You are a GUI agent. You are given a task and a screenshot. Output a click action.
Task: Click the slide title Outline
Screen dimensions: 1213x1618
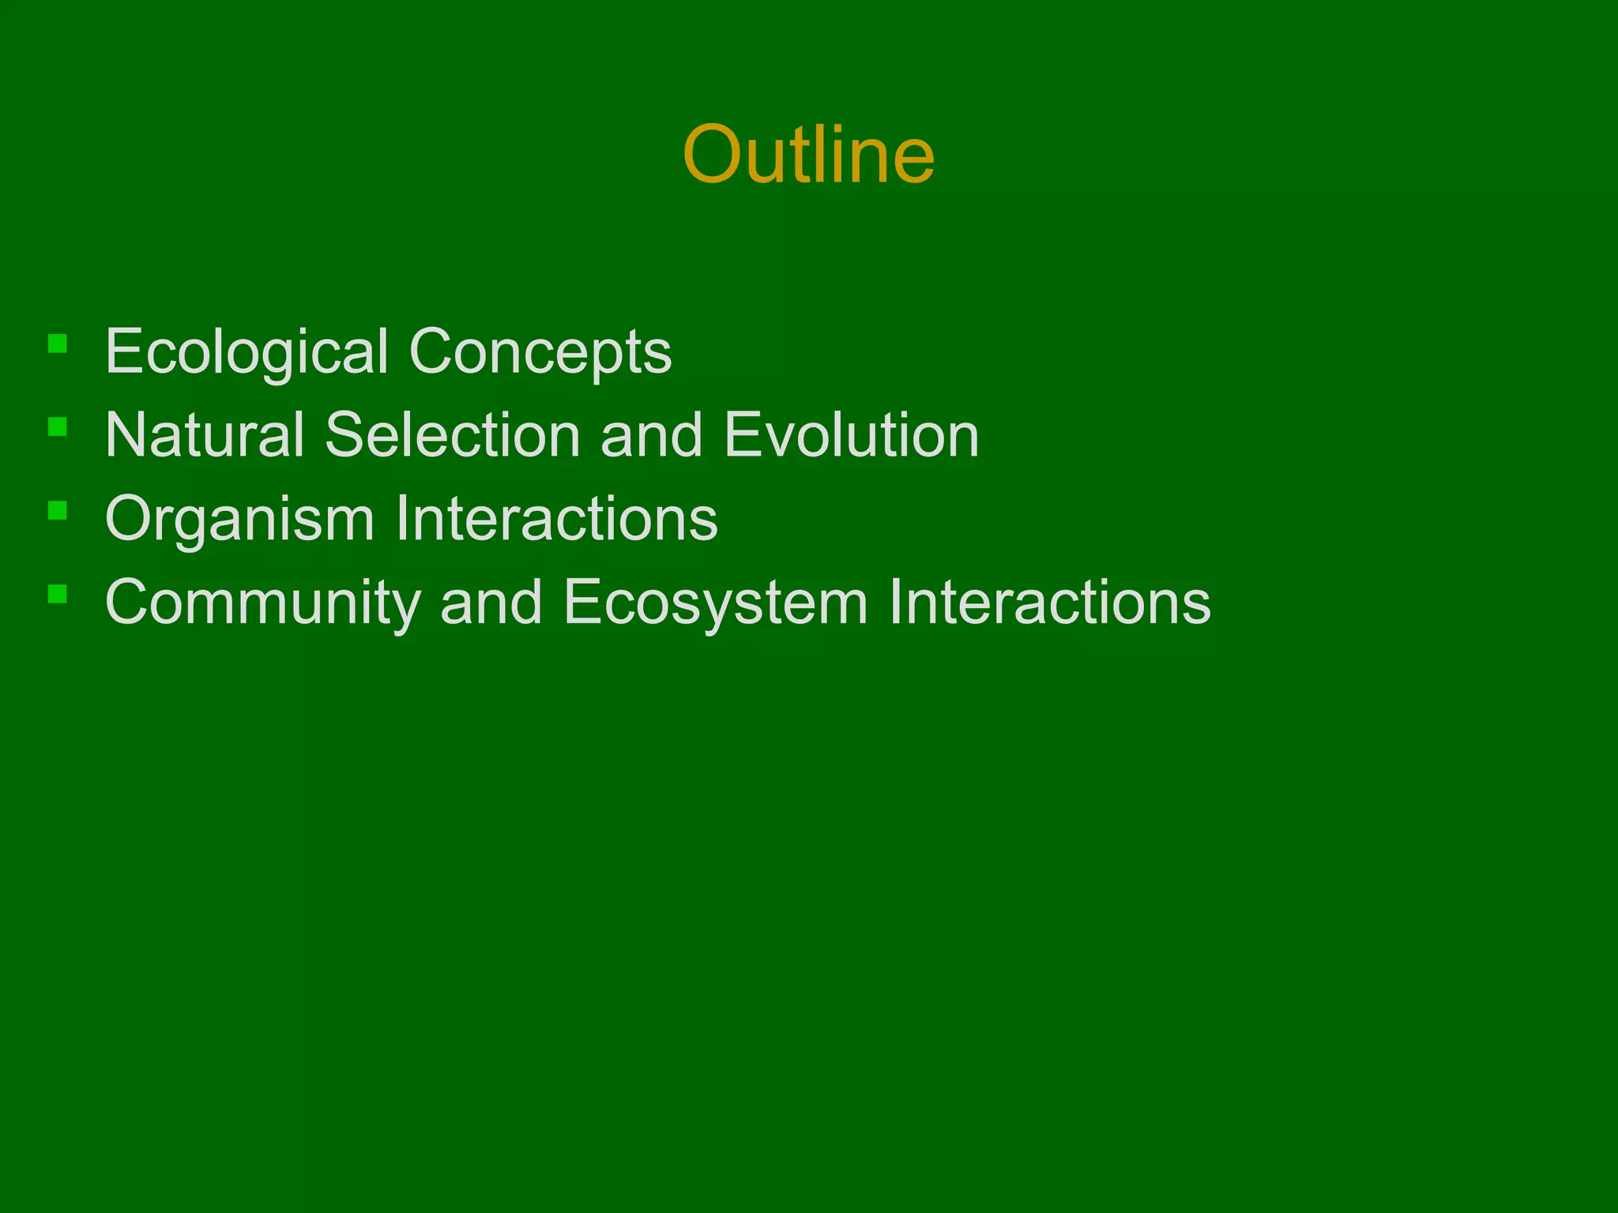click(x=808, y=155)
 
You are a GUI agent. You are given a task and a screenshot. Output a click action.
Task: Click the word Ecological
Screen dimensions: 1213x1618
click(x=246, y=352)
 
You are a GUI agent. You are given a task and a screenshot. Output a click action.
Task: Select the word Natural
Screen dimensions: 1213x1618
click(x=205, y=435)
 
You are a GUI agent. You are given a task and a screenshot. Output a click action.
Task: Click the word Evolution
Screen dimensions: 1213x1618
click(x=851, y=435)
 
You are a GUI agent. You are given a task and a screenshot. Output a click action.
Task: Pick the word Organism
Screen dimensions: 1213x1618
click(x=239, y=520)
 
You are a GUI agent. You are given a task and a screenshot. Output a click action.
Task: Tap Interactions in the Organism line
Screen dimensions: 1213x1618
click(x=557, y=519)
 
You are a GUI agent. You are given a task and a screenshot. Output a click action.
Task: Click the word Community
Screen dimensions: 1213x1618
click(x=263, y=603)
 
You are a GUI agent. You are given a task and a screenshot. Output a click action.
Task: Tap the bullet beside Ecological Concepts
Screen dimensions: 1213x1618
click(x=57, y=344)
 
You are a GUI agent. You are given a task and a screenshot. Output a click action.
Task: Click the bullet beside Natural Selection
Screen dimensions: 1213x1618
click(x=57, y=427)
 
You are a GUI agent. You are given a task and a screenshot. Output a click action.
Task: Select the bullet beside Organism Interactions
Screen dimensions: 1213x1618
click(x=57, y=511)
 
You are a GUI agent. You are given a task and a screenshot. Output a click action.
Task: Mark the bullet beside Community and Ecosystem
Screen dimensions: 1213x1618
click(x=57, y=595)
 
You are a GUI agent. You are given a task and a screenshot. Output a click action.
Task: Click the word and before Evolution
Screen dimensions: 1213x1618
click(x=651, y=435)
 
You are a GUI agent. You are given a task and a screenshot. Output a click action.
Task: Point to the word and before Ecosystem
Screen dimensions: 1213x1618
click(x=491, y=603)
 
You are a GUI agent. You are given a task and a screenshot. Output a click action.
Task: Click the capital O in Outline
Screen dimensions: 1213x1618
click(x=714, y=156)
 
